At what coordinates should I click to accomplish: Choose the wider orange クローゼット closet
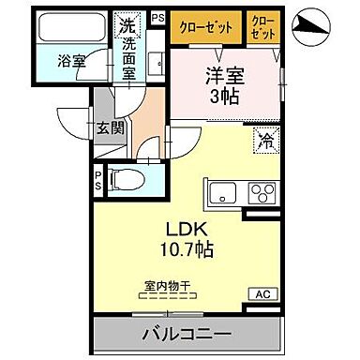pos(206,27)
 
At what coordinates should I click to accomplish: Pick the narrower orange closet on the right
pos(265,27)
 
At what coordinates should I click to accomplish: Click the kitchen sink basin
pos(224,195)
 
